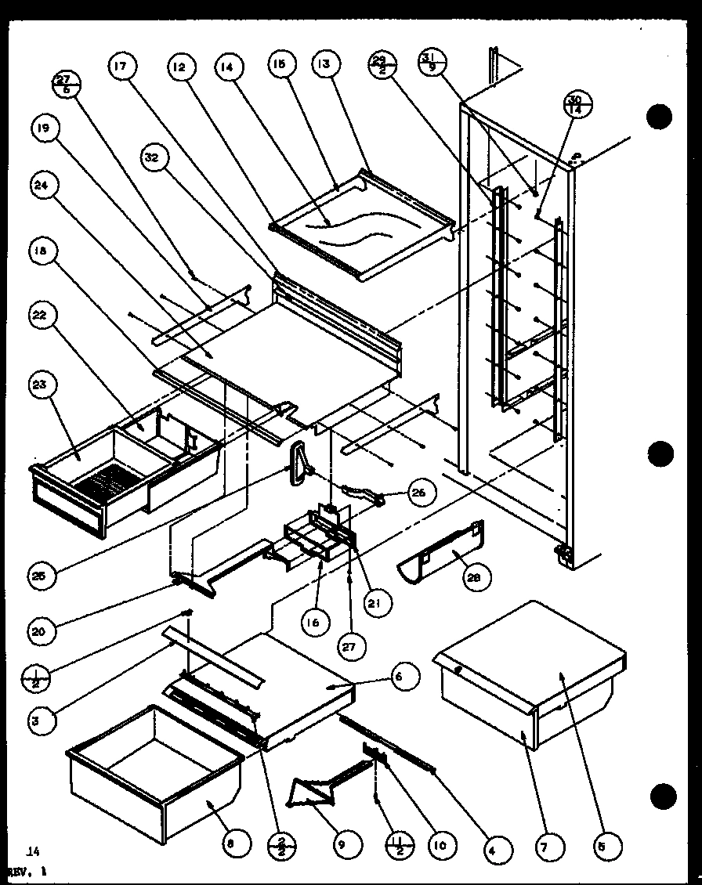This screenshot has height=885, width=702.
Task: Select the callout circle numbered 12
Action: point(179,67)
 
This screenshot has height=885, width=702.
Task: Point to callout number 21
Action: point(380,602)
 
